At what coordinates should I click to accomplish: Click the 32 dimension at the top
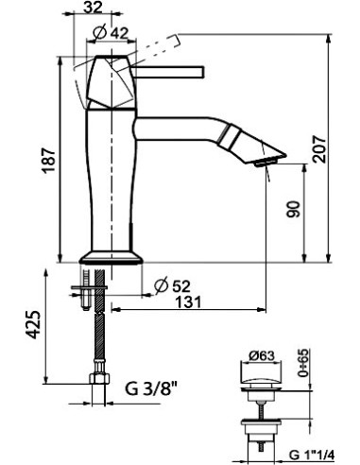[x=94, y=7]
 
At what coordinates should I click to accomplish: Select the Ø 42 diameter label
[x=111, y=33]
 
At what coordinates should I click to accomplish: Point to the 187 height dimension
[x=49, y=160]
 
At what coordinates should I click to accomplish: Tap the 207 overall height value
[x=318, y=149]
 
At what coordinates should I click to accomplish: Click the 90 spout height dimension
[x=293, y=209]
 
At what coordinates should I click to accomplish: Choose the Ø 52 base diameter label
[x=173, y=286]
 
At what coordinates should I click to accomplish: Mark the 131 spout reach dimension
[x=188, y=302]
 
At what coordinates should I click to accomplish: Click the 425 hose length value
[x=33, y=325]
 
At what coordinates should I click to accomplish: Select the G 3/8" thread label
[x=152, y=388]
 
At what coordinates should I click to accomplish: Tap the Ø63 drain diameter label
[x=262, y=356]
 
